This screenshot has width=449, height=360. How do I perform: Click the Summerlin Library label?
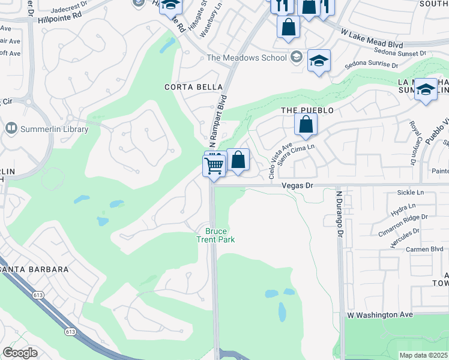coord(55,129)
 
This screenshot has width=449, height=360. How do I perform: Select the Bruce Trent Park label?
coord(215,235)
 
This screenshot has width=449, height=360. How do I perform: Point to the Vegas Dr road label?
coord(298,186)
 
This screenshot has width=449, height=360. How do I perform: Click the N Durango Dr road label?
coord(339,215)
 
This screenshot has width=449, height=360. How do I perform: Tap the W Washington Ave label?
coord(381,314)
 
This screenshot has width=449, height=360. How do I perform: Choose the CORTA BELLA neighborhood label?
coord(190,87)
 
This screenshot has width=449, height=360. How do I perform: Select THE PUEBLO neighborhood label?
coord(307,111)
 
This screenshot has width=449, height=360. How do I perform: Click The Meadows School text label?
coord(246,58)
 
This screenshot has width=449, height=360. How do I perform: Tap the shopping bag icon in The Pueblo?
coord(306,125)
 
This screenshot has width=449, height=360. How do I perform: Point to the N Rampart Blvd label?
coord(217,122)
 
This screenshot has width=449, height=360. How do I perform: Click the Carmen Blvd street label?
coord(424,249)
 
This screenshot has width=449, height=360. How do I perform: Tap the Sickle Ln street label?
coord(411,193)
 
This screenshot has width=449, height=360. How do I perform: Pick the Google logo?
coord(20,353)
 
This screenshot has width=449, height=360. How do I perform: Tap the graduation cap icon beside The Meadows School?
coord(319,61)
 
